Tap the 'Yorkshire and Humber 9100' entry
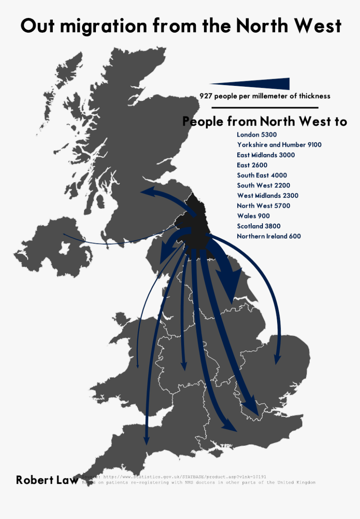coord(279,145)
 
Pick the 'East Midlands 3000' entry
coord(266,155)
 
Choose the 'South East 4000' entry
coord(262,175)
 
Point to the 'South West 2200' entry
coord(263,185)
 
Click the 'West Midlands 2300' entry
coord(267,196)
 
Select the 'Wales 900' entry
coord(253,216)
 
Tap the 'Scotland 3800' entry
coord(259,226)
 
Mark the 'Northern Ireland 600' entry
coord(269,236)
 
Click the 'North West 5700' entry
coord(263,206)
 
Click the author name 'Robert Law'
coord(47,480)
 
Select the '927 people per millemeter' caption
coord(265,96)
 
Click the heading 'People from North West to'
coord(265,121)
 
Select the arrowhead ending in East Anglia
coord(277,359)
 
